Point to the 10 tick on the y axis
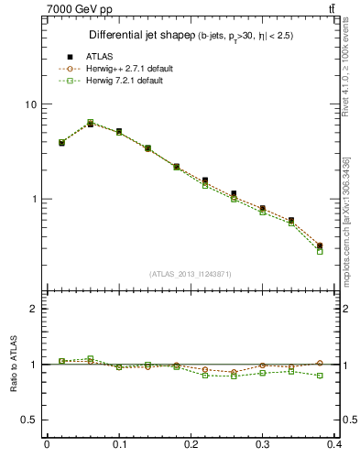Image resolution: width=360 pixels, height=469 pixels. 29,104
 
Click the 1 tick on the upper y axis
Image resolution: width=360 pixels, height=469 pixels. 32,199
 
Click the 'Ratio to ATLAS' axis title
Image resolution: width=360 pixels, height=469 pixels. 13,365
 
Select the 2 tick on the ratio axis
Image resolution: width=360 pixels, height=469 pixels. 32,309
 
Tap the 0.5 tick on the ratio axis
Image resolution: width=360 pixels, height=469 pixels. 27,420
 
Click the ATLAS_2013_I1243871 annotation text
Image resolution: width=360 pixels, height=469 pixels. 191,274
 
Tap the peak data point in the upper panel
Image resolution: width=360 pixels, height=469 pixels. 90,123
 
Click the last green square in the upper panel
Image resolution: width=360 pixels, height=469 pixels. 320,251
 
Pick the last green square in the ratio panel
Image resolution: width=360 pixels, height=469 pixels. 320,376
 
